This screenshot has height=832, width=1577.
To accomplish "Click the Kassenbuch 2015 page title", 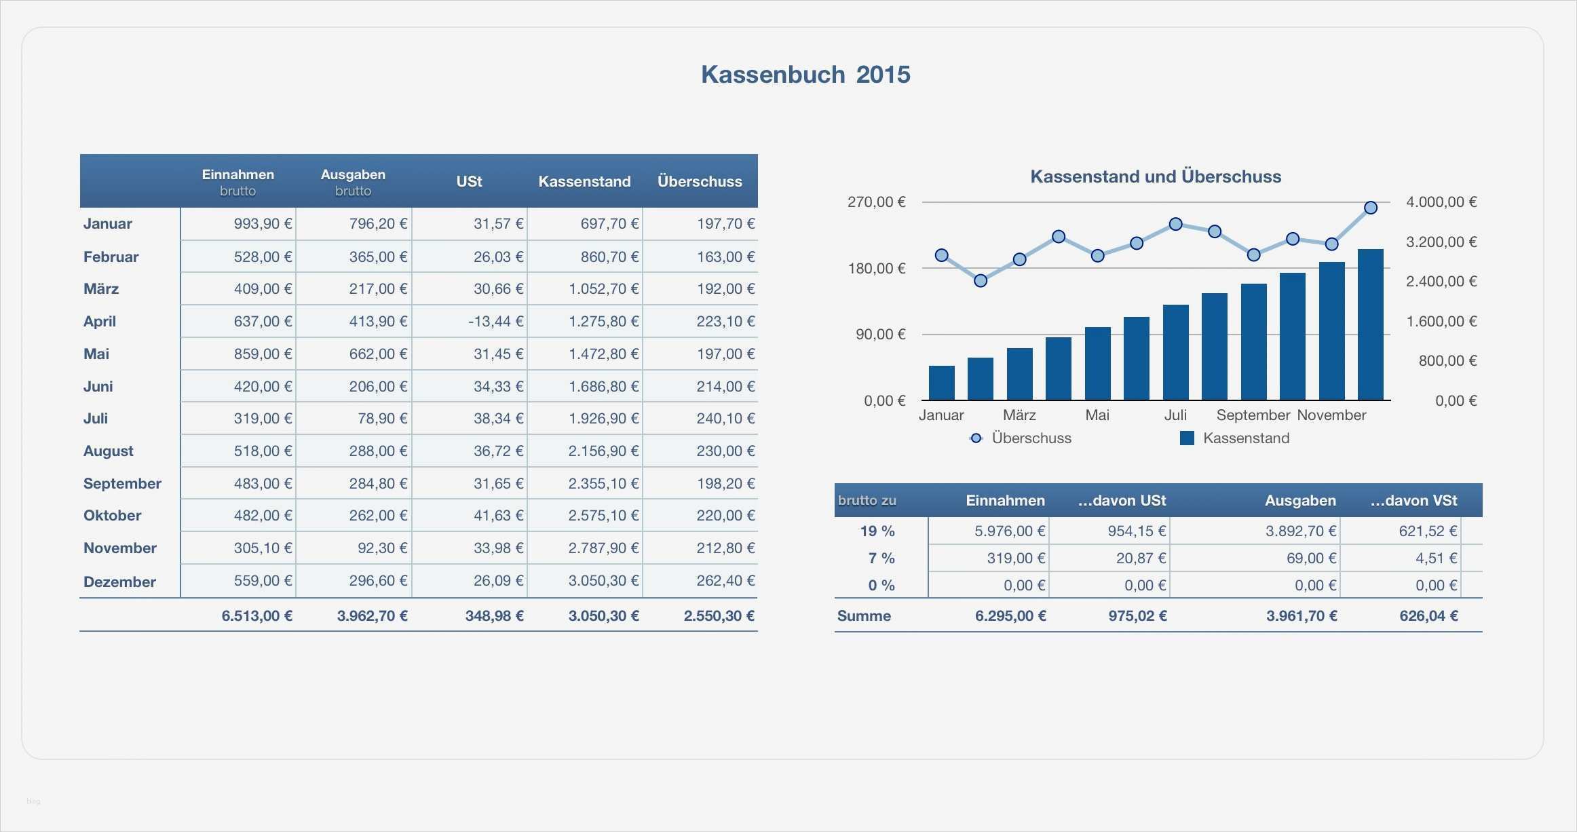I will tap(805, 75).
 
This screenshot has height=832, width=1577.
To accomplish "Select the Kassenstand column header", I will tap(584, 182).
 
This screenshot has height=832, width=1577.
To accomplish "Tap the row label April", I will tap(100, 322).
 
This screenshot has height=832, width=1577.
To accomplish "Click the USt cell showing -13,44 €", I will tap(495, 322).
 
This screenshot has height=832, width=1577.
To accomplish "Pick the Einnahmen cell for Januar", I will tap(263, 224).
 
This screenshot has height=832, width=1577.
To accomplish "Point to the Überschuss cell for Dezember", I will tap(725, 581).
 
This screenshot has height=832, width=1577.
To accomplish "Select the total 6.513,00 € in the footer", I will tap(257, 616).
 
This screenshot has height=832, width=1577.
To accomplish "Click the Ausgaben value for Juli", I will tap(382, 419).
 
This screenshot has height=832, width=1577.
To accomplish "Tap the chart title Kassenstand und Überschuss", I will tap(1156, 177).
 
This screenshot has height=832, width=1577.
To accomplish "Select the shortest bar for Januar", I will tap(941, 383).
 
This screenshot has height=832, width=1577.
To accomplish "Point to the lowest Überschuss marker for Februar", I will tap(981, 280).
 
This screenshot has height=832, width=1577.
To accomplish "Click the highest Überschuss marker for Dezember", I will tap(1371, 208).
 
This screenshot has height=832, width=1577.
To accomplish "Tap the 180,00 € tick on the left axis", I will tap(877, 269).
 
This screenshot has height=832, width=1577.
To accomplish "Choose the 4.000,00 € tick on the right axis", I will tap(1441, 202).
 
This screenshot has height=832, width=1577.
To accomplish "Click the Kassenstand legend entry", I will tap(1245, 438).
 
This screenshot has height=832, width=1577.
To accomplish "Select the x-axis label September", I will tap(1253, 415).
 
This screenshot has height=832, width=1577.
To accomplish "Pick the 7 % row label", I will tap(881, 559).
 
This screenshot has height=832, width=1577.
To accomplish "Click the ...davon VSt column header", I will tap(1413, 501).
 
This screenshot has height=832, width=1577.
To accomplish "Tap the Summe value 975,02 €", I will tap(1137, 616).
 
